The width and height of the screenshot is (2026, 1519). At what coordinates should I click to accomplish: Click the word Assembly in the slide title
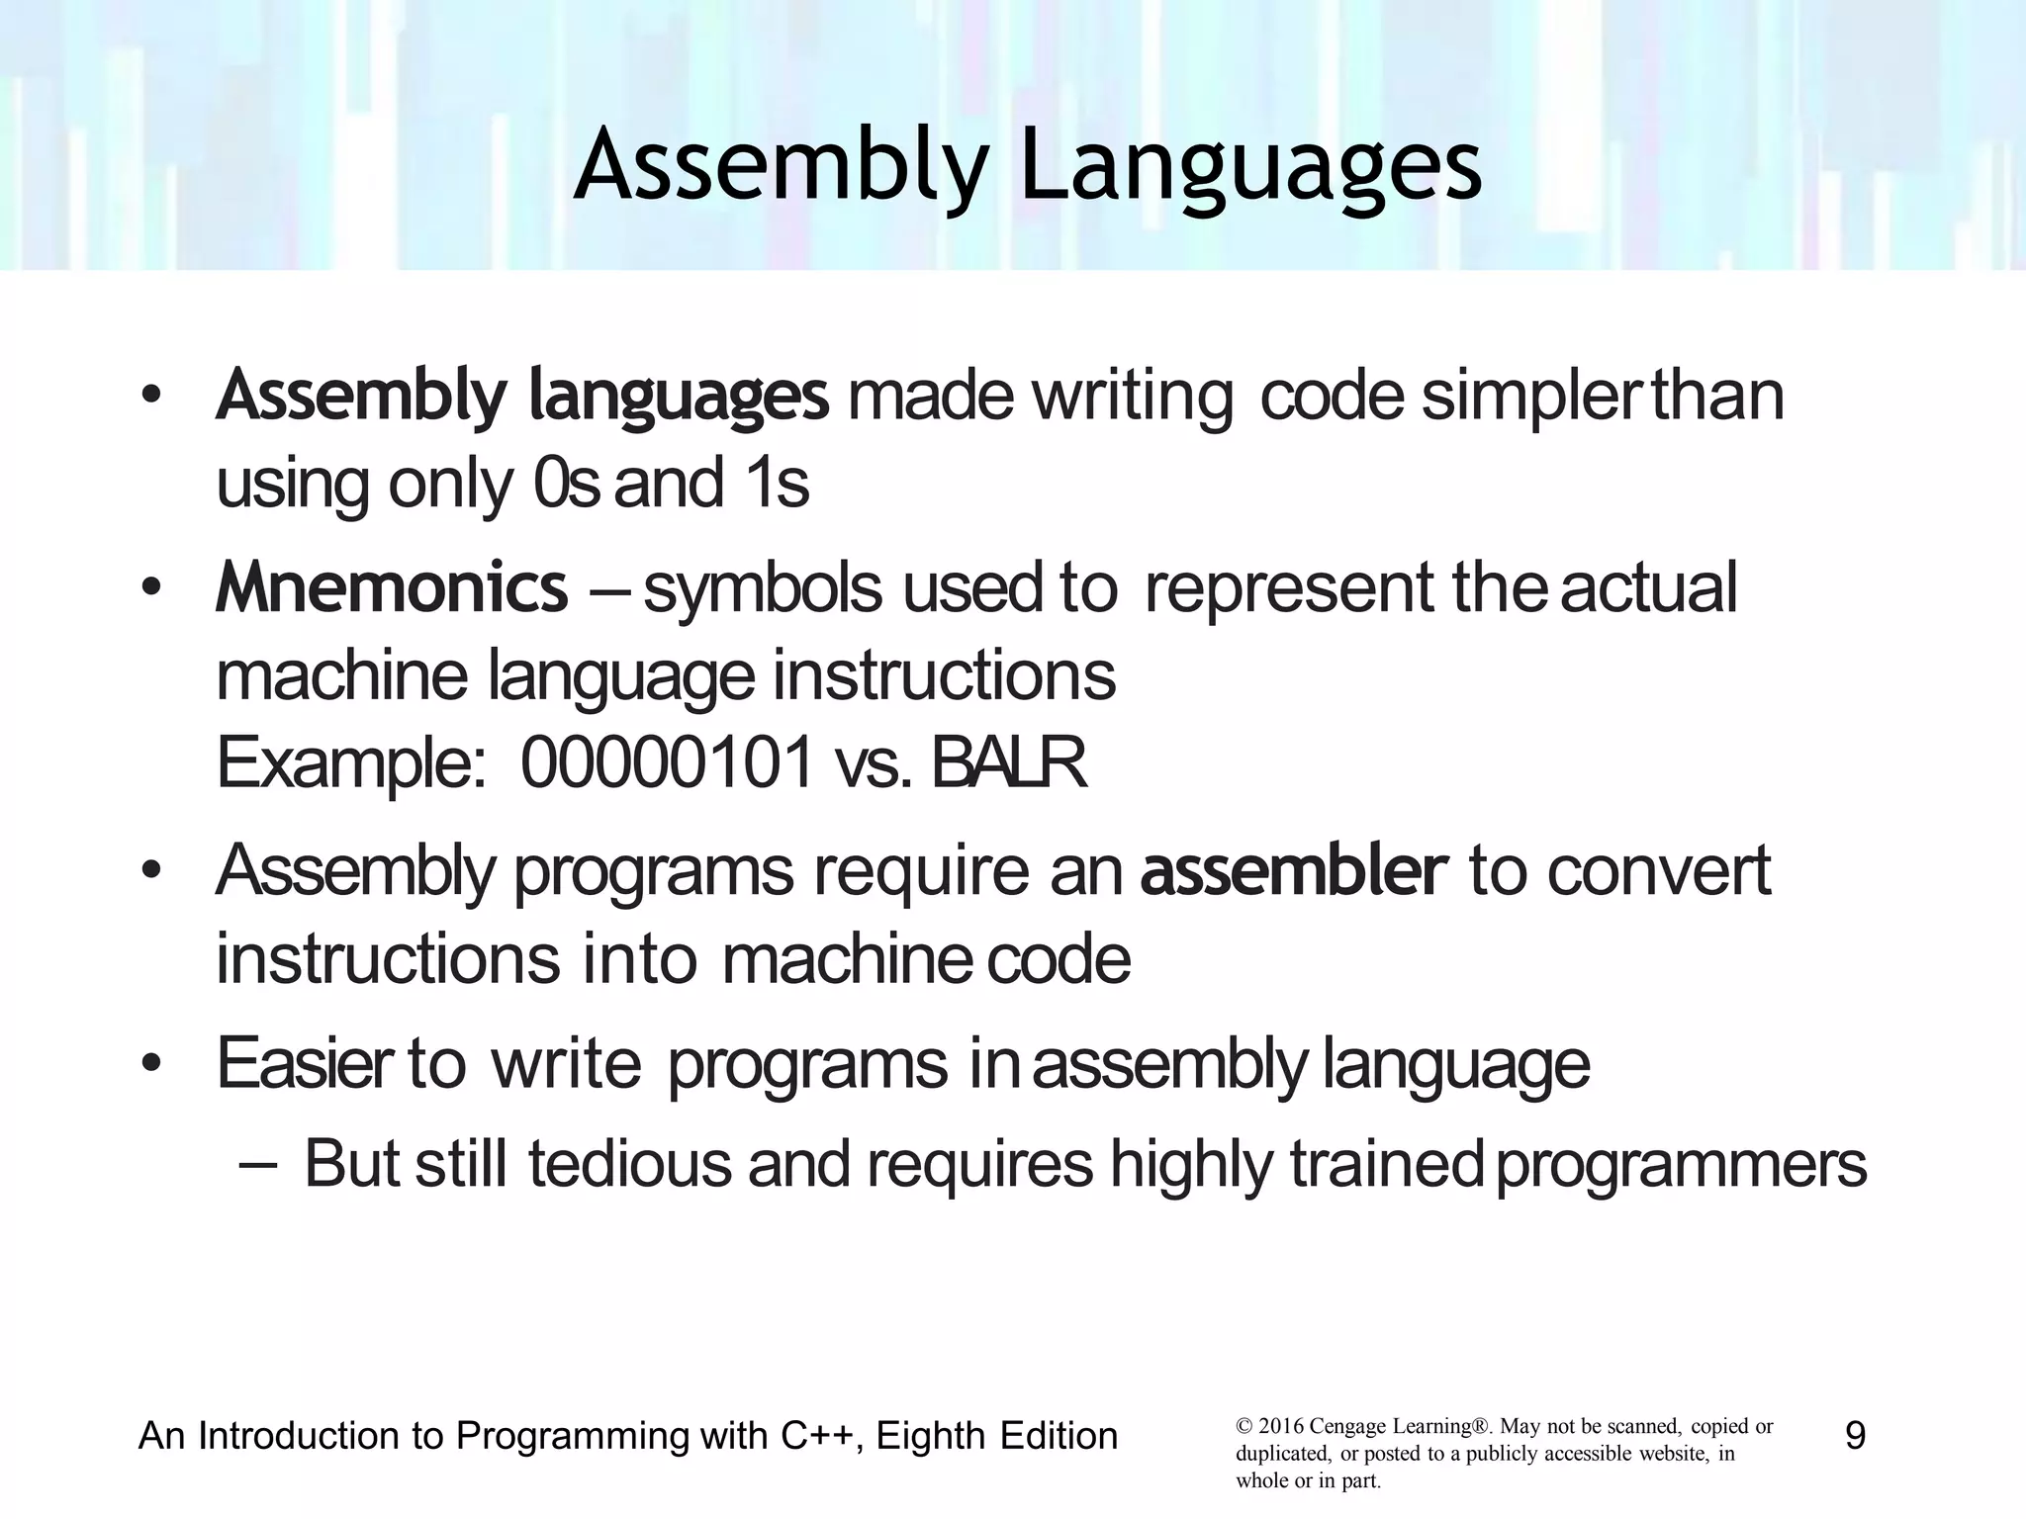(x=782, y=166)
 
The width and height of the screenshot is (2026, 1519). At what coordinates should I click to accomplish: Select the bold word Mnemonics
(x=392, y=587)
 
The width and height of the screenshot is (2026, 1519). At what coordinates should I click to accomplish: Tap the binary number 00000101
(x=668, y=763)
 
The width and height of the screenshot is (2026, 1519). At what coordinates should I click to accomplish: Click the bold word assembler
(x=1293, y=871)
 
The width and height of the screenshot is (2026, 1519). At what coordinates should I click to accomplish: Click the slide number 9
(x=1855, y=1435)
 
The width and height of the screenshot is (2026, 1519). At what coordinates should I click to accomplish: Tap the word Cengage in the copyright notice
(x=1349, y=1427)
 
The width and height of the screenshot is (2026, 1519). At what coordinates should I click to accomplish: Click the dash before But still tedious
(x=258, y=1164)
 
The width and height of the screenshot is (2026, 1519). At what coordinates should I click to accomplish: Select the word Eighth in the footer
(x=929, y=1435)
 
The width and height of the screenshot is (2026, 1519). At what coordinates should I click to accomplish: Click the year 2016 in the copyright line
(x=1280, y=1427)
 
